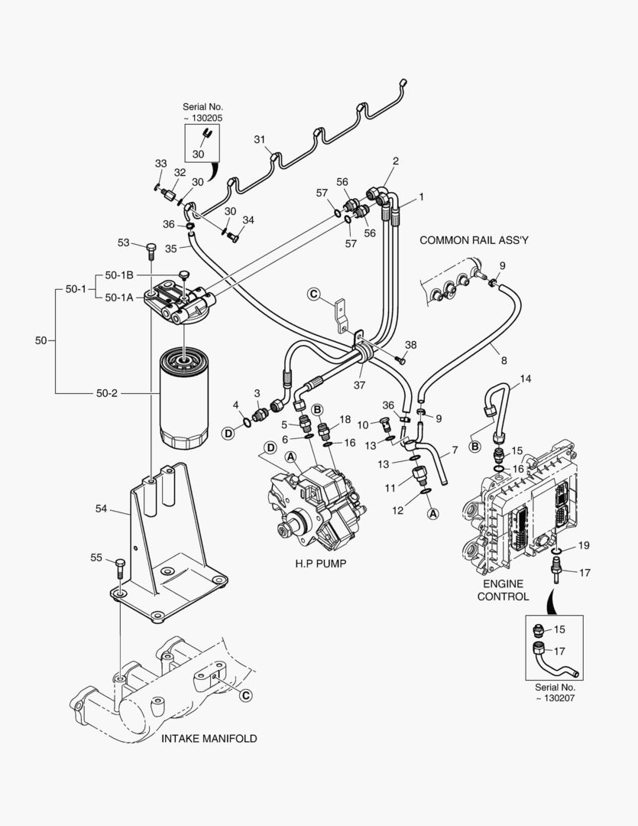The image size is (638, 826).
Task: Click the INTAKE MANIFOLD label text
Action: tap(209, 739)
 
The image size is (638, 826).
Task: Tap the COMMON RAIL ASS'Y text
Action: tap(474, 240)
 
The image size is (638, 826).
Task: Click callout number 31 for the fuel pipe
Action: tap(259, 139)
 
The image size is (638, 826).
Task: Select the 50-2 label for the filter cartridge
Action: tap(106, 392)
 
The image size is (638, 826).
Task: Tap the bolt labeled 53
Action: tap(150, 249)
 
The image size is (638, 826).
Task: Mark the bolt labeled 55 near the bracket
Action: tap(121, 568)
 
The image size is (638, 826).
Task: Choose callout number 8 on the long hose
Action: tap(504, 359)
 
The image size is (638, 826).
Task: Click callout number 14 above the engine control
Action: tap(525, 379)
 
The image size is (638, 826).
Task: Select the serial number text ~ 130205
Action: tap(202, 119)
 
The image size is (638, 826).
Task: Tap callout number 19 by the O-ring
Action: tap(583, 545)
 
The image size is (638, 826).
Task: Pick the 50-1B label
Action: tap(120, 275)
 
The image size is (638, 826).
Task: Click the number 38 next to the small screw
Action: tap(411, 345)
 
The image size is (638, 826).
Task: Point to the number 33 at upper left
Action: tap(160, 164)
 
